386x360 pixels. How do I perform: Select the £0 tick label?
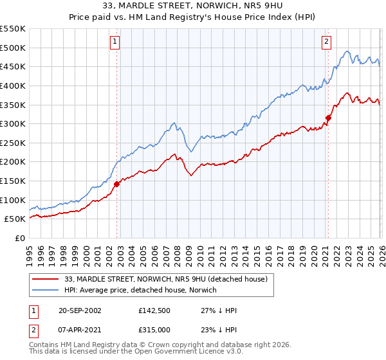pos(19,238)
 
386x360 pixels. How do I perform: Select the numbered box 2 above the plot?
pos(327,42)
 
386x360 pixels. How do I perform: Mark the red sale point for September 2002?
pos(117,184)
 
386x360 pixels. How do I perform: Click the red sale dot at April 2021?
pos(328,118)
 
